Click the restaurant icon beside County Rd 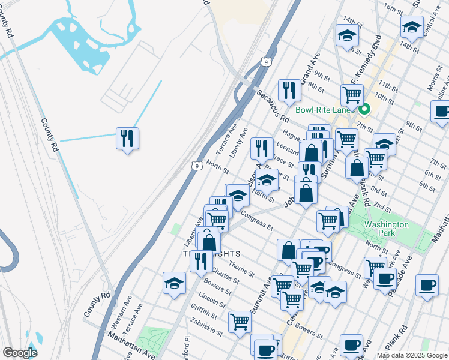click(x=127, y=139)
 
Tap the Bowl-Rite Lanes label click(x=327, y=110)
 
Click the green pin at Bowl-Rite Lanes click(x=364, y=109)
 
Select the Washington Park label click(x=387, y=229)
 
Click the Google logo click(x=20, y=353)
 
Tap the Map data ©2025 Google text click(x=412, y=355)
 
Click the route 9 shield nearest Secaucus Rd click(x=265, y=62)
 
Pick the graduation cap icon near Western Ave click(x=174, y=282)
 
